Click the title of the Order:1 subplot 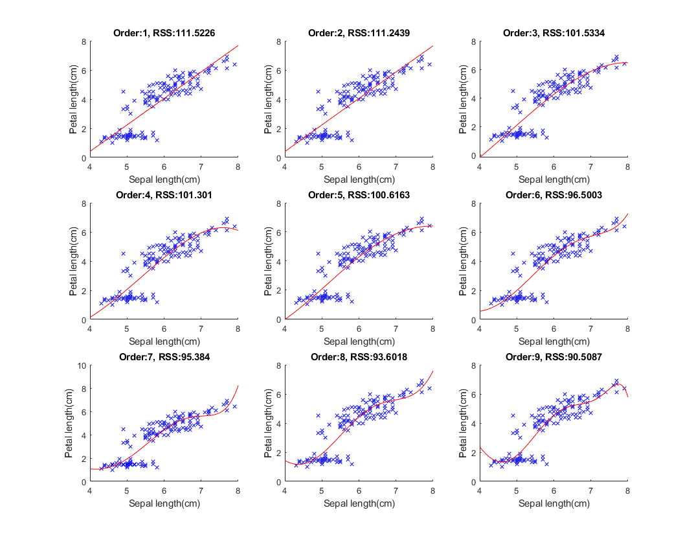tap(164, 32)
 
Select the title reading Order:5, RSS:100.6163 tap(359, 194)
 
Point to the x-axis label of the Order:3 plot tap(554, 179)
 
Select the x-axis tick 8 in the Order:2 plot tap(432, 167)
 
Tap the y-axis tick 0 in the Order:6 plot tap(473, 320)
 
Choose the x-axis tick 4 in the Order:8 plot tap(285, 490)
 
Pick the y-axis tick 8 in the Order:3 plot tap(473, 41)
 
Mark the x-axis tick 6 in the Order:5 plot tap(359, 328)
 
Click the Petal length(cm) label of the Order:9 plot tap(463, 424)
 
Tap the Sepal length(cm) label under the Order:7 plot tap(164, 503)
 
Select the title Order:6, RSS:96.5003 tap(554, 194)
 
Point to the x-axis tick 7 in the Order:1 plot tap(201, 167)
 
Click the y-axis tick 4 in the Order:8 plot tap(278, 424)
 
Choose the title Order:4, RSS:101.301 tap(164, 194)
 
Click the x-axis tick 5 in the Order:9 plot tap(517, 490)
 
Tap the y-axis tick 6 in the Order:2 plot tap(278, 71)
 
